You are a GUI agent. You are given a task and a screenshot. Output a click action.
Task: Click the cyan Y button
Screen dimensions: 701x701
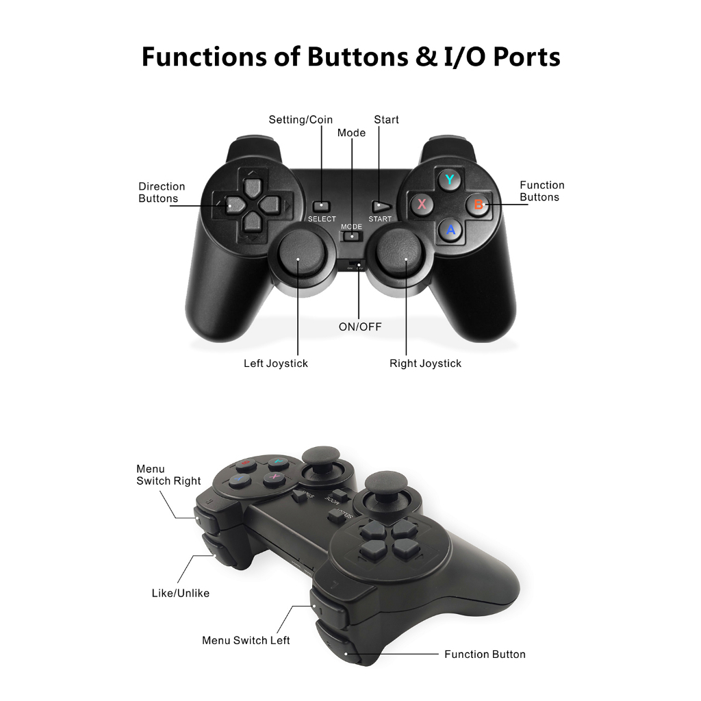pyautogui.click(x=449, y=181)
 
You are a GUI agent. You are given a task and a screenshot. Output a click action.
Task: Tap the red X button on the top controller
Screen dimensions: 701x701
pyautogui.click(x=422, y=204)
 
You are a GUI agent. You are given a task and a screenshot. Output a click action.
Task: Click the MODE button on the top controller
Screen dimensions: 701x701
pyautogui.click(x=352, y=236)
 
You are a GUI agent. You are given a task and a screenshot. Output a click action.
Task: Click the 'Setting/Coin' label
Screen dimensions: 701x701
pyautogui.click(x=301, y=120)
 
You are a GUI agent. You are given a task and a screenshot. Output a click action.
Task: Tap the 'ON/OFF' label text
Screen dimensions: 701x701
pyautogui.click(x=360, y=327)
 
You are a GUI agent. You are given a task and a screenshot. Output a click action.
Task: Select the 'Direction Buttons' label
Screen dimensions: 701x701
pyautogui.click(x=162, y=192)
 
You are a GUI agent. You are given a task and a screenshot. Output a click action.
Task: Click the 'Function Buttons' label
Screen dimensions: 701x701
pyautogui.click(x=541, y=191)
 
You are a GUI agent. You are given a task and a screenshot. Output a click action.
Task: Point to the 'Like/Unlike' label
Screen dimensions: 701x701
pyautogui.click(x=181, y=593)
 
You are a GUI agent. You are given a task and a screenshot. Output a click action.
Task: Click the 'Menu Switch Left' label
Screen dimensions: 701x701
pyautogui.click(x=246, y=641)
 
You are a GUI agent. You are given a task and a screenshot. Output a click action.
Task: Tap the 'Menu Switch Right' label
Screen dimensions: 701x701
pyautogui.click(x=168, y=475)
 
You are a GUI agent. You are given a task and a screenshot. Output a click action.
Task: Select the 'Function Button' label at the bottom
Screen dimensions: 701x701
pyautogui.click(x=485, y=654)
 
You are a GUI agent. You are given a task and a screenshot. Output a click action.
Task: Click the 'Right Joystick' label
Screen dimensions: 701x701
pyautogui.click(x=425, y=364)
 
